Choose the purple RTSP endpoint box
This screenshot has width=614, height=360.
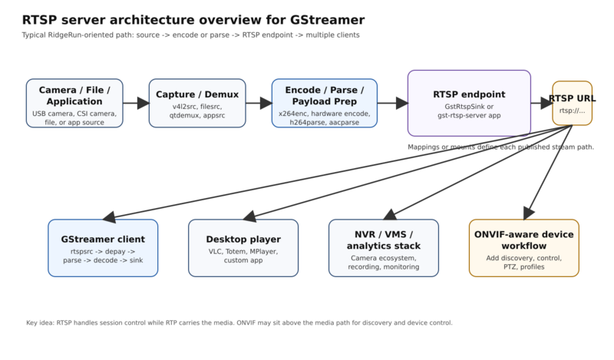tap(469, 102)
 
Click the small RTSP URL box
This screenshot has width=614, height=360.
tap(573, 102)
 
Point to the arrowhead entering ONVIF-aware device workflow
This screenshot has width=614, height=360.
tap(527, 213)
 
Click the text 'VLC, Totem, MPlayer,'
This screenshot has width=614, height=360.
tap(243, 251)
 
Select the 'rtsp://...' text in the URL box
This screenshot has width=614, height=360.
tap(573, 110)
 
